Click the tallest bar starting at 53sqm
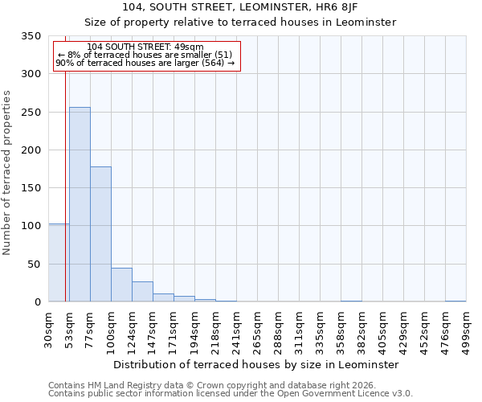click(80, 205)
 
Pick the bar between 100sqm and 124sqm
click(121, 285)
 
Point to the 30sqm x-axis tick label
click(49, 330)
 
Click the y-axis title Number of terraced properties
click(7, 173)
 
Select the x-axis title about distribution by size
click(255, 364)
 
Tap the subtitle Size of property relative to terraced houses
click(240, 22)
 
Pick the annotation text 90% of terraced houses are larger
click(145, 63)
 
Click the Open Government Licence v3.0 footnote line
click(231, 394)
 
